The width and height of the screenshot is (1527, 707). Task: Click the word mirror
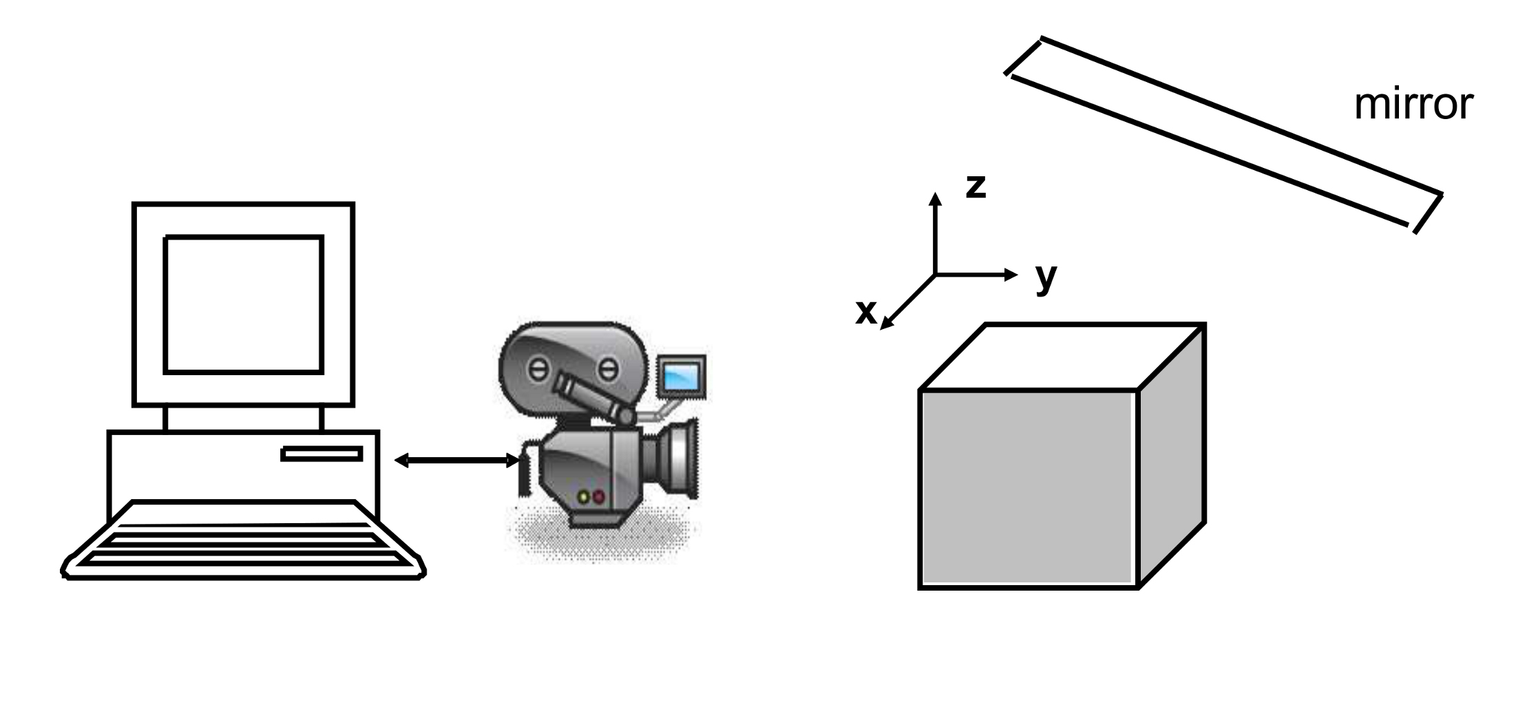(x=1413, y=105)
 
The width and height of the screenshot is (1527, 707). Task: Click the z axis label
(x=976, y=186)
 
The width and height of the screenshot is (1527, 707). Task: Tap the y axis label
(x=1046, y=277)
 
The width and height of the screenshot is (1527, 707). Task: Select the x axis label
(x=866, y=312)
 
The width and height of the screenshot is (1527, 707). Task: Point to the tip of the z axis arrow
(x=935, y=194)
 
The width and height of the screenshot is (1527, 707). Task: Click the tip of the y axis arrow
(x=1016, y=275)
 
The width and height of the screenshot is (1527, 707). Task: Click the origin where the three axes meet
(x=935, y=275)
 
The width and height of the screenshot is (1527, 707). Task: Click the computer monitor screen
(x=244, y=304)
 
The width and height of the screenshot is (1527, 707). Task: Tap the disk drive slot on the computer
(x=322, y=454)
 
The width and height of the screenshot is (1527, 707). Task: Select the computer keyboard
(x=242, y=541)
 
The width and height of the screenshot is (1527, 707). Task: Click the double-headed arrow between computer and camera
(x=457, y=461)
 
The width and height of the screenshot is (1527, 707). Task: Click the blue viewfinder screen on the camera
(x=681, y=376)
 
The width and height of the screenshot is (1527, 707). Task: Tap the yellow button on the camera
(x=585, y=497)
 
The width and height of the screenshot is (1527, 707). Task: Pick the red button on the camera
(x=599, y=497)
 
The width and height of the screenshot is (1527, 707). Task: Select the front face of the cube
(x=1028, y=488)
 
